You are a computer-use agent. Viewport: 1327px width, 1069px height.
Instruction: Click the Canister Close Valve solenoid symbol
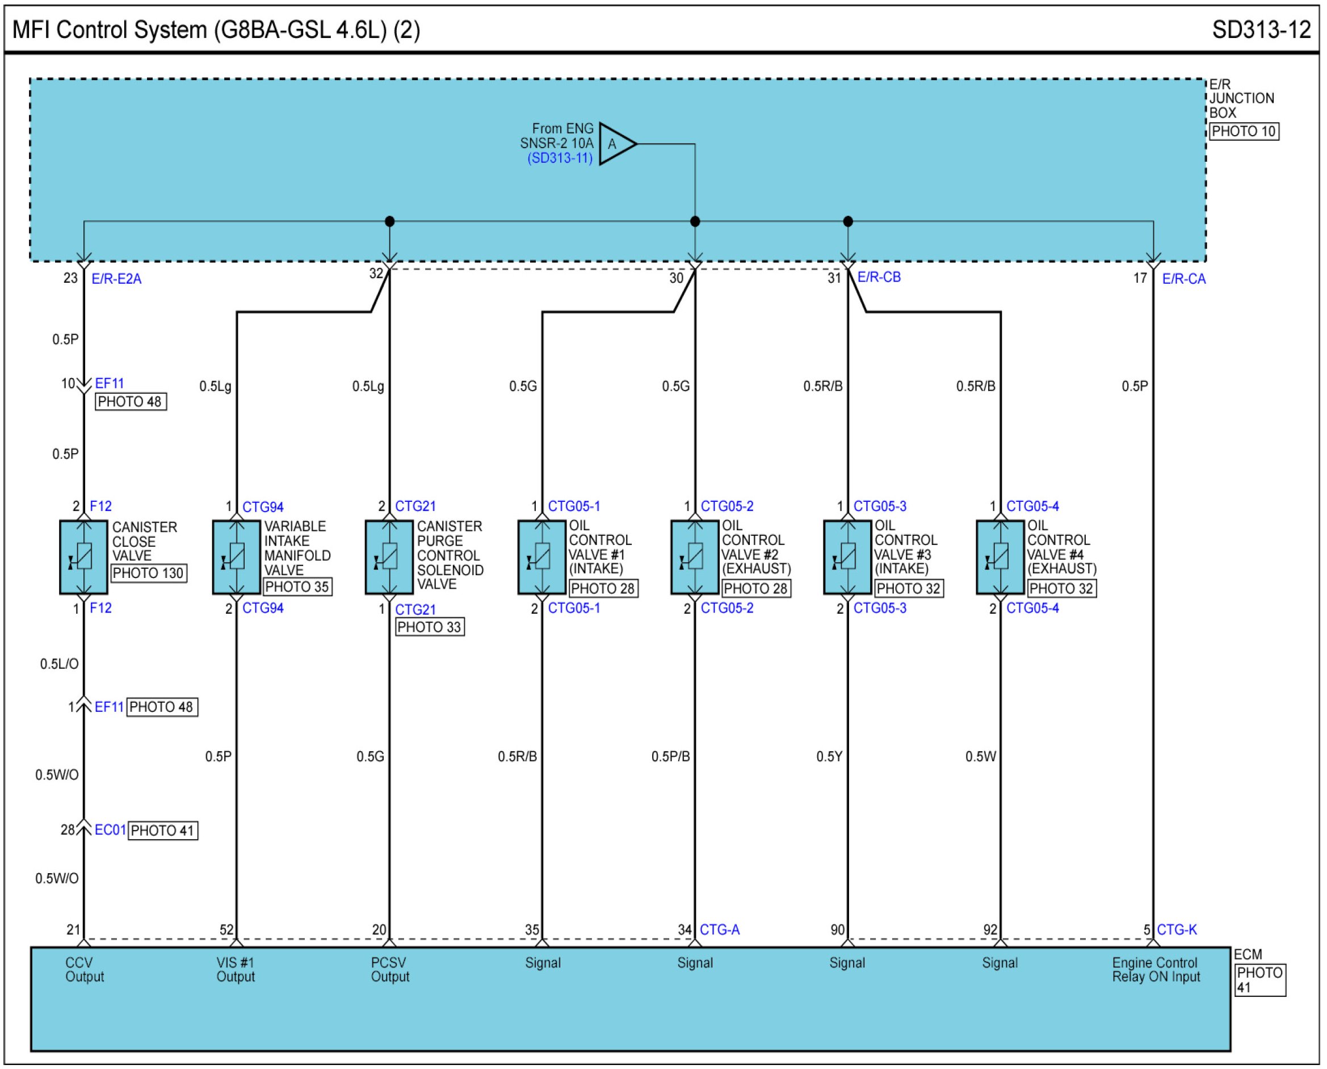pos(83,557)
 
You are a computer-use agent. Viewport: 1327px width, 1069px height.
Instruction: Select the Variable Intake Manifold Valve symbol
pos(236,557)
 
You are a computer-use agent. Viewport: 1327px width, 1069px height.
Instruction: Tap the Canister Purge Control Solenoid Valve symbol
pos(389,557)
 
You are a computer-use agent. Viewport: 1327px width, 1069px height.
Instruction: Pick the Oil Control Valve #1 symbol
pos(541,557)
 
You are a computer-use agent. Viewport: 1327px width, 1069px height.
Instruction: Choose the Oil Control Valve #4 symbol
pos(1000,557)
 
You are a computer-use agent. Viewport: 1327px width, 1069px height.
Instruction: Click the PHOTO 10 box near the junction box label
pos(1244,131)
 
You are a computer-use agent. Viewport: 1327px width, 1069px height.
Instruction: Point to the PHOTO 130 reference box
pos(148,573)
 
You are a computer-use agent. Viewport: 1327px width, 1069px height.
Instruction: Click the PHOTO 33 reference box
pos(429,627)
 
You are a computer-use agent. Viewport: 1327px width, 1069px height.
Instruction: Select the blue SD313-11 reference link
pos(560,158)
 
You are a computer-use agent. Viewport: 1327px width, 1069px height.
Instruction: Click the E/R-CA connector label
pos(1183,279)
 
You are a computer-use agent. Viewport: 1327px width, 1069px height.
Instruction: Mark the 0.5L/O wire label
pos(59,664)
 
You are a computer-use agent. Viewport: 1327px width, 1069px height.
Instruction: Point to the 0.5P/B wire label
pos(670,756)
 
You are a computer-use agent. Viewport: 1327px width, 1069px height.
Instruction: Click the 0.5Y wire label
pos(829,756)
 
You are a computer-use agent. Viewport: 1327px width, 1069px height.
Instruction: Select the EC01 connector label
pos(110,830)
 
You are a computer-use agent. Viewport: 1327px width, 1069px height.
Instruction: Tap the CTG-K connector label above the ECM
pos(1176,929)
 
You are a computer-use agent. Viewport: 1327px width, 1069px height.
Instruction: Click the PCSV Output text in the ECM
pos(389,969)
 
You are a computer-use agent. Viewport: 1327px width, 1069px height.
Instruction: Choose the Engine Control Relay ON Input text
pos(1155,969)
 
